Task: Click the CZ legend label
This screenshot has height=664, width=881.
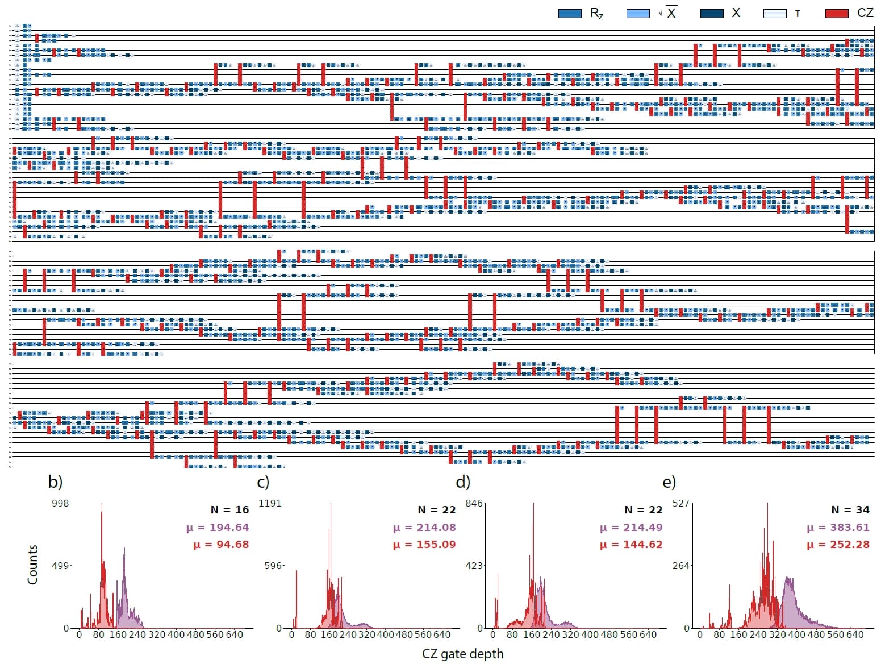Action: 865,13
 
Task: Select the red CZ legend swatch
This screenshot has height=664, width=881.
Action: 836,13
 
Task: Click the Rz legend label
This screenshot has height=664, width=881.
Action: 596,13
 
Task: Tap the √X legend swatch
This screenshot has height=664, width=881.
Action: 637,13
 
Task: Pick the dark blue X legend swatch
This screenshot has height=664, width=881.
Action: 712,13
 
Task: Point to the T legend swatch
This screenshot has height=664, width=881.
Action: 775,13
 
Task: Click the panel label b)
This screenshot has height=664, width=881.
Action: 55,482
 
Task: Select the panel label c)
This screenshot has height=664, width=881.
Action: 263,482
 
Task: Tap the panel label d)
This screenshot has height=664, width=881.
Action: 463,482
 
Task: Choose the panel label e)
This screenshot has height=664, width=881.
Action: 669,482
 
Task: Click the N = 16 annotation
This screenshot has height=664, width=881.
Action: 229,510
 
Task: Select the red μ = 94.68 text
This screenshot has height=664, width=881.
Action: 221,545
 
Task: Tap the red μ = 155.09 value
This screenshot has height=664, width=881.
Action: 424,545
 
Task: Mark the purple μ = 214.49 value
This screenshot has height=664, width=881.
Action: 631,528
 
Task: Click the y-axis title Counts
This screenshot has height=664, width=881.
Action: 32,565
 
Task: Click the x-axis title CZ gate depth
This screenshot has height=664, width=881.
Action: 462,654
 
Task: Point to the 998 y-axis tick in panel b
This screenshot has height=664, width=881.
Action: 60,503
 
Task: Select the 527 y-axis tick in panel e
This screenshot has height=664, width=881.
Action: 680,503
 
